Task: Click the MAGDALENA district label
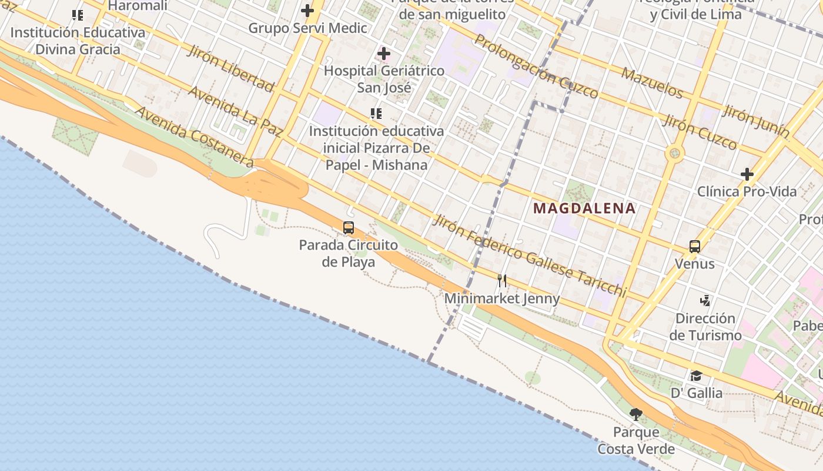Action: [584, 208]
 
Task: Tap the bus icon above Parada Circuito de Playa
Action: [349, 227]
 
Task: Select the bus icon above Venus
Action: [695, 246]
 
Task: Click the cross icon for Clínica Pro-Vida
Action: [747, 174]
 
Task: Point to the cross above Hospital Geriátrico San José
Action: [384, 54]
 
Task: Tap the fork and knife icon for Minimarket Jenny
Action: [502, 280]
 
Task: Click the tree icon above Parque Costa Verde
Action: [635, 414]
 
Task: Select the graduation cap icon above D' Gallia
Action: [696, 376]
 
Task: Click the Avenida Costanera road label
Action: [195, 137]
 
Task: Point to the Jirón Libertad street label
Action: [230, 68]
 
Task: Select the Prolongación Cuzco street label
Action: [536, 66]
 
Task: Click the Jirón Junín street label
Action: [756, 121]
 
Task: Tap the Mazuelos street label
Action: [652, 83]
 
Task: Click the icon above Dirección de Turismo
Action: [705, 301]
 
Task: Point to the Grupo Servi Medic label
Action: [307, 28]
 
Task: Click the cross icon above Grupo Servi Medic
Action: [307, 11]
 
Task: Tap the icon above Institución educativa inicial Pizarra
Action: [376, 113]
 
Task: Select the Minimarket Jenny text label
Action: [502, 298]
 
